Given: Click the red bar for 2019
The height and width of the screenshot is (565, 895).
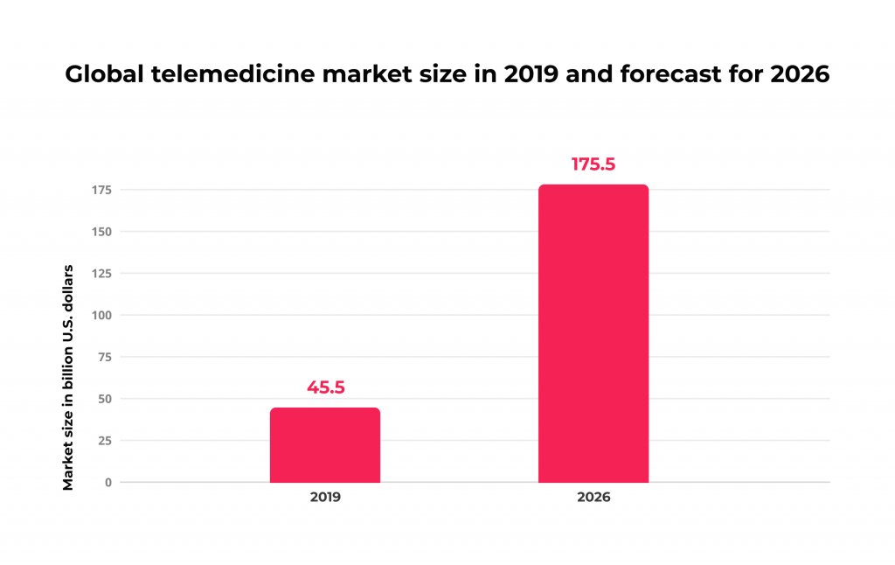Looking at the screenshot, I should (x=324, y=445).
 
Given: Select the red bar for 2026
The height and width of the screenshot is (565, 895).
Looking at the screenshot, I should (x=593, y=333).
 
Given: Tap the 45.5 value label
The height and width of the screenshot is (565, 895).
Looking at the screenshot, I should (x=325, y=387).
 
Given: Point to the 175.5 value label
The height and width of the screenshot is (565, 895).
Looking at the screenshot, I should (x=593, y=164).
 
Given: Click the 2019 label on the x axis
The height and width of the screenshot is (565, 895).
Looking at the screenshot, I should (x=325, y=497).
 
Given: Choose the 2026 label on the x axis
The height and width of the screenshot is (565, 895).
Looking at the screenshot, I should (x=593, y=497).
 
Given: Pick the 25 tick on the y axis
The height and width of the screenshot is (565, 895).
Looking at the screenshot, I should (x=105, y=441).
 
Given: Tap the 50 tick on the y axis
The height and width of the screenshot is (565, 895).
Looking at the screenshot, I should (x=105, y=399).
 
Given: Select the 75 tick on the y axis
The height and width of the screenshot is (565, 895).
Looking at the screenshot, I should (x=105, y=357).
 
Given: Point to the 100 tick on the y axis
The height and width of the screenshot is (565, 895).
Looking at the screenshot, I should (x=101, y=315).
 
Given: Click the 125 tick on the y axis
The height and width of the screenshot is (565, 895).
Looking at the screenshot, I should (x=101, y=274).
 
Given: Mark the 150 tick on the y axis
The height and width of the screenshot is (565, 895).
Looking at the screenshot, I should (x=101, y=232).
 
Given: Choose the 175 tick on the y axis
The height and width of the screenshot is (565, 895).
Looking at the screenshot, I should (x=101, y=190).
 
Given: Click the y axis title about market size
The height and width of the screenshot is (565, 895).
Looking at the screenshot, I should (x=68, y=376).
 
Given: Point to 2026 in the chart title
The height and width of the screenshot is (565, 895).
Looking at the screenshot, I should (x=800, y=75).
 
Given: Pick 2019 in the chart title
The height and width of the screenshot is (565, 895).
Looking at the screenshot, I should (x=530, y=75).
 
